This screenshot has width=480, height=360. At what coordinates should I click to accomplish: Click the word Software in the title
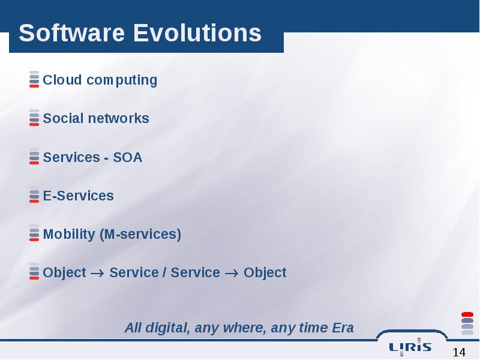(x=71, y=33)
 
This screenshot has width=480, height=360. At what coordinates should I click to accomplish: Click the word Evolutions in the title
(x=197, y=33)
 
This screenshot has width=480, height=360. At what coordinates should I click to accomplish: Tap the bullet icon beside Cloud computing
(x=34, y=79)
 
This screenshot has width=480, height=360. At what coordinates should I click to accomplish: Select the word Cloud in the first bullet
(x=62, y=80)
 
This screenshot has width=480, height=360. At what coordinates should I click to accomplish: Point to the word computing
(x=122, y=80)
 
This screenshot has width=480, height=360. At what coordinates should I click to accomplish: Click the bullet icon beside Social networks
(x=34, y=118)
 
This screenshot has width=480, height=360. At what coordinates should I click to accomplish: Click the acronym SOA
(x=128, y=157)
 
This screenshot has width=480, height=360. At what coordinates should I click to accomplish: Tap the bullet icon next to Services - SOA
(x=34, y=156)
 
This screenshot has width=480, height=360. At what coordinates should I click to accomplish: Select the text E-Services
(x=79, y=196)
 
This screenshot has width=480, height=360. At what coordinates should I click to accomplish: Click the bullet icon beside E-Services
(x=34, y=194)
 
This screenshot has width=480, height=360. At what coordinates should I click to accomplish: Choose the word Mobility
(x=69, y=235)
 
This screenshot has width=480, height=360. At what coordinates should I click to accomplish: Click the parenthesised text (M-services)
(x=140, y=235)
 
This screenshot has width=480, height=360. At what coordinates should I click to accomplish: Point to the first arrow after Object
(x=97, y=273)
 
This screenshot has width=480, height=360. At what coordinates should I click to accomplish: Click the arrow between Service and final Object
(x=232, y=273)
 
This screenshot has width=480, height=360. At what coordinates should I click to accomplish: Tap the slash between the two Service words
(x=164, y=272)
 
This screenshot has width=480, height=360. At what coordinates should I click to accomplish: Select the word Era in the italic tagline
(x=343, y=328)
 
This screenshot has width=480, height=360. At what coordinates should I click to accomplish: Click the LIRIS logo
(x=410, y=347)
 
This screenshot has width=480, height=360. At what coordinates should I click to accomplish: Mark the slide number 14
(x=459, y=352)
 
